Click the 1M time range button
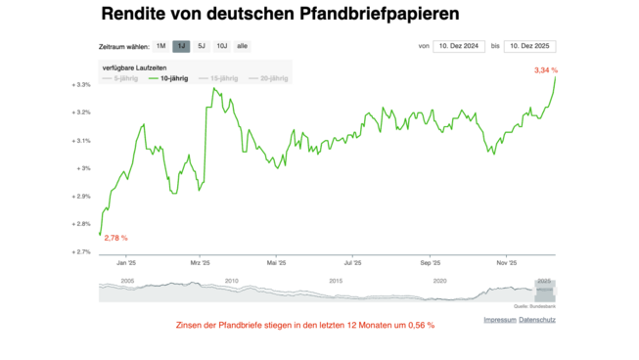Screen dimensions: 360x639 pyautogui.click(x=161, y=46)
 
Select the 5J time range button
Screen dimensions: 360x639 pyautogui.click(x=202, y=46)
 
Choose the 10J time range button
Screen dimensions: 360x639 pyautogui.click(x=222, y=46)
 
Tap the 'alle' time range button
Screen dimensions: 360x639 pyautogui.click(x=243, y=46)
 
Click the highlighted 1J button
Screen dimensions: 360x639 pyautogui.click(x=181, y=46)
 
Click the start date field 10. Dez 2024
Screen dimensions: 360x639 pyautogui.click(x=459, y=46)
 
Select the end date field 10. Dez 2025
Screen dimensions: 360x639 pyautogui.click(x=529, y=46)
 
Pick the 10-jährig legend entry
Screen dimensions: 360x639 pyautogui.click(x=167, y=77)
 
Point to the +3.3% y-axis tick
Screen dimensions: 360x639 pyautogui.click(x=81, y=85)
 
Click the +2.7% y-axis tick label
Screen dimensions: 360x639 pyautogui.click(x=81, y=252)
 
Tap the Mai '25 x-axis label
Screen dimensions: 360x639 pyautogui.click(x=276, y=263)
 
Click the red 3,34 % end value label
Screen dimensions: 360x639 pyautogui.click(x=546, y=69)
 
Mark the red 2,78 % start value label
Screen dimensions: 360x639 pyautogui.click(x=115, y=238)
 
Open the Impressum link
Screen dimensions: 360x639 pyautogui.click(x=499, y=320)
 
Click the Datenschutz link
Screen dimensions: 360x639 pyautogui.click(x=537, y=320)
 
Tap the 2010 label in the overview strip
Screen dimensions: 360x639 pyautogui.click(x=231, y=281)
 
